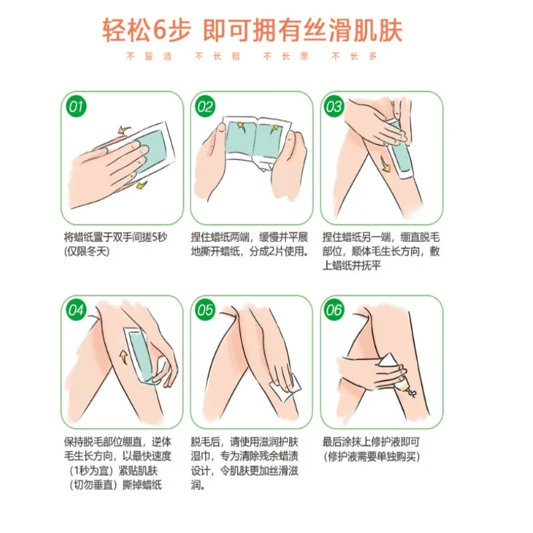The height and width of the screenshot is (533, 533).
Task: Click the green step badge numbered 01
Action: click(x=76, y=107)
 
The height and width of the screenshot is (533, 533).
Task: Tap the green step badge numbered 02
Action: click(x=205, y=107)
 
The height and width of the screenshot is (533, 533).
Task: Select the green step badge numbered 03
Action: click(x=334, y=107)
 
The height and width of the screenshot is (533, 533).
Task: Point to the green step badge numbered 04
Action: click(x=76, y=310)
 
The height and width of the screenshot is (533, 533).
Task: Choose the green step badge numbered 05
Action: click(x=205, y=310)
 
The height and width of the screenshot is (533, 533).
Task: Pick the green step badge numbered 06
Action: click(x=334, y=310)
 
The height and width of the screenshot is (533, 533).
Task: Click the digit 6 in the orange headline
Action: click(x=161, y=30)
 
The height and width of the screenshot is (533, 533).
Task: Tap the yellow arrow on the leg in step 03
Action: click(x=385, y=164)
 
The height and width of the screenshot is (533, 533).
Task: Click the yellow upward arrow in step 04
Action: click(x=123, y=358)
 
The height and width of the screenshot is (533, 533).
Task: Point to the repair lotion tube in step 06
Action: click(x=396, y=375)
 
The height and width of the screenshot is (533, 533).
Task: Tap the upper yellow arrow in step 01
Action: click(x=123, y=130)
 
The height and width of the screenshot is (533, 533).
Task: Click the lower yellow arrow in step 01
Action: click(x=142, y=185)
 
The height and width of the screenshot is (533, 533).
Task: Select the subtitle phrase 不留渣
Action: click(x=149, y=56)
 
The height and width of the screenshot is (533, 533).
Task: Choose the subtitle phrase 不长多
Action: click(x=354, y=56)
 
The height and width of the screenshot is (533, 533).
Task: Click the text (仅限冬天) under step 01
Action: click(x=87, y=252)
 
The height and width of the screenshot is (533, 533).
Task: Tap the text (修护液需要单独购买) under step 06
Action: click(x=372, y=456)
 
